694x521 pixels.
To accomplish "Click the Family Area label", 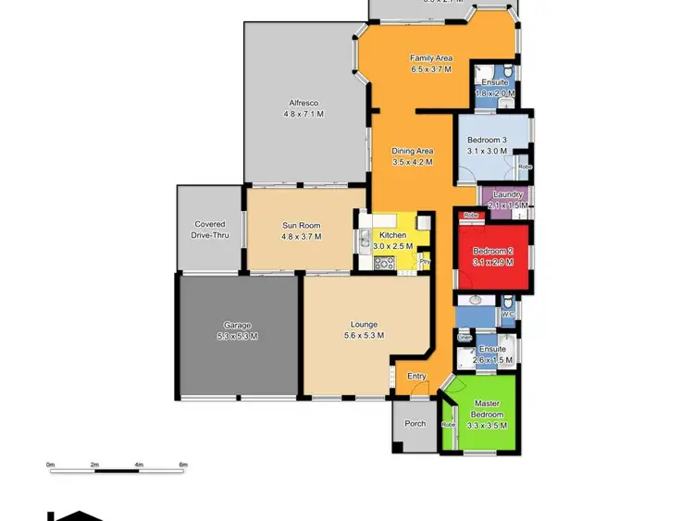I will (431, 58).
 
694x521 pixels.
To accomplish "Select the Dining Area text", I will (412, 151).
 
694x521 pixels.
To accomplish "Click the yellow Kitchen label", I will (392, 236).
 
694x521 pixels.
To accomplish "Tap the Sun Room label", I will (302, 225).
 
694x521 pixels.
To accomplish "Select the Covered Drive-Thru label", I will (210, 229).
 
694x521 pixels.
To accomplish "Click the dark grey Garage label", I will (237, 325).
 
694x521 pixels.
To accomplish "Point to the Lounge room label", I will (364, 324).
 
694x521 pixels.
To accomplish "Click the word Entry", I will (416, 376).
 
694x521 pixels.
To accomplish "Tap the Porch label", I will (415, 424).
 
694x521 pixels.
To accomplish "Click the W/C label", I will (507, 315).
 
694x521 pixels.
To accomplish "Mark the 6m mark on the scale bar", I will (183, 464).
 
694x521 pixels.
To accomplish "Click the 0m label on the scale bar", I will (51, 464).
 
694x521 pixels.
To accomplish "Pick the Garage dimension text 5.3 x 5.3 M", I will (237, 336).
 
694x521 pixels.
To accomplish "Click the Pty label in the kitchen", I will (425, 262).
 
